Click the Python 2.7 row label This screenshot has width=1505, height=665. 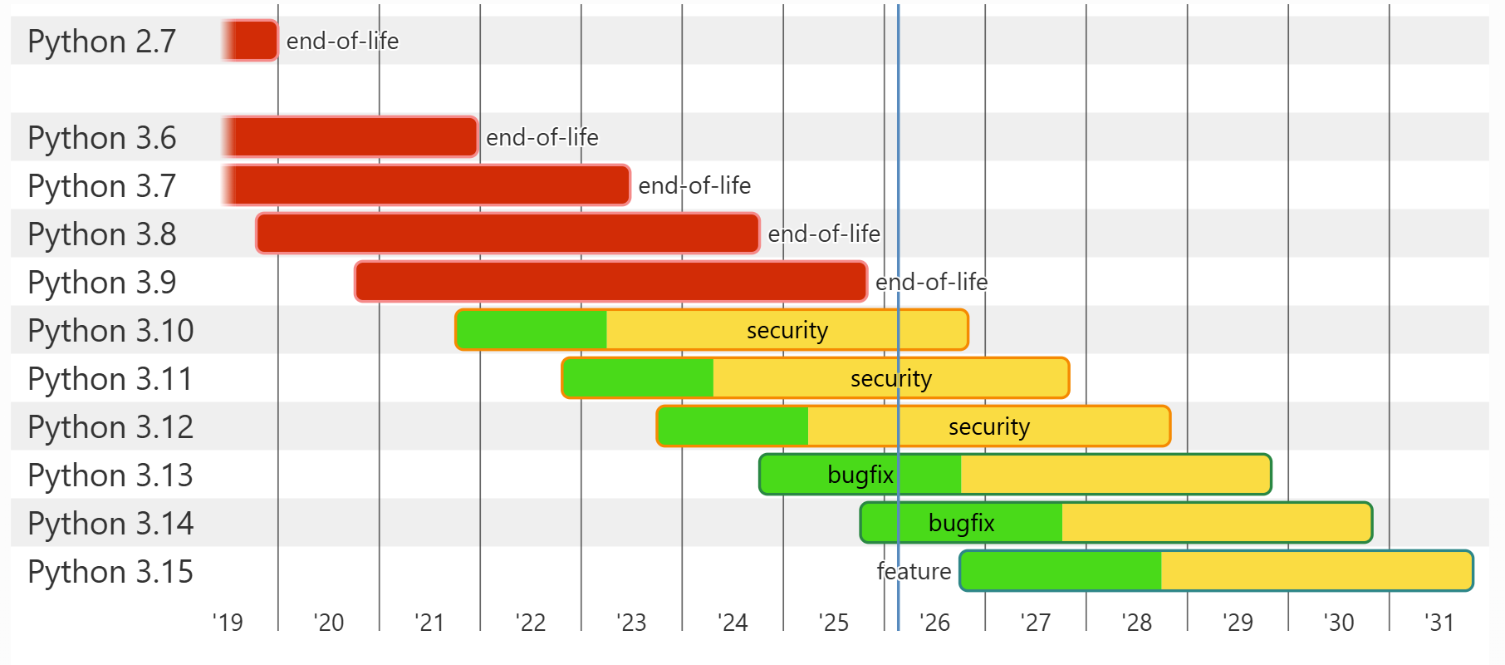101,42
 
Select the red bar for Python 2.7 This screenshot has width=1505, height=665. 251,41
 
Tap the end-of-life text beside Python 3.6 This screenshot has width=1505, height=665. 542,137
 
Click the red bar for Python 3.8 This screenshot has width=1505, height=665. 507,234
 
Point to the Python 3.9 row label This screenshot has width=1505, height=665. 101,283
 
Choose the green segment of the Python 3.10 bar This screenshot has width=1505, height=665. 532,330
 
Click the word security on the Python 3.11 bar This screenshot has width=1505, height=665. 890,379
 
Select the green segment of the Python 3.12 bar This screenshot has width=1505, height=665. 733,426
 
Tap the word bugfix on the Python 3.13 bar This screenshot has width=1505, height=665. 860,475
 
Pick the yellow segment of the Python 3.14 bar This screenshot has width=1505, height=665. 1216,523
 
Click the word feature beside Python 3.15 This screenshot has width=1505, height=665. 914,571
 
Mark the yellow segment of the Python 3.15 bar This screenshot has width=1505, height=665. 1316,571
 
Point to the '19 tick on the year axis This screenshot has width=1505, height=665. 228,622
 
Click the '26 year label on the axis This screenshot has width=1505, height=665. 934,622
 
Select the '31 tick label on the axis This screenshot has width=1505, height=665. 1439,622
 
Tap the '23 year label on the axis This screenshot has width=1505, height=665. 631,622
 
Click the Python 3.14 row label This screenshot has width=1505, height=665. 110,524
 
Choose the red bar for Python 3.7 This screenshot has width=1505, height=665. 427,185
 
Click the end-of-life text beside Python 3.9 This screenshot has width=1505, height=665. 931,283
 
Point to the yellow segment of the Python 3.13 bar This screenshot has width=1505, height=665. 1115,475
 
